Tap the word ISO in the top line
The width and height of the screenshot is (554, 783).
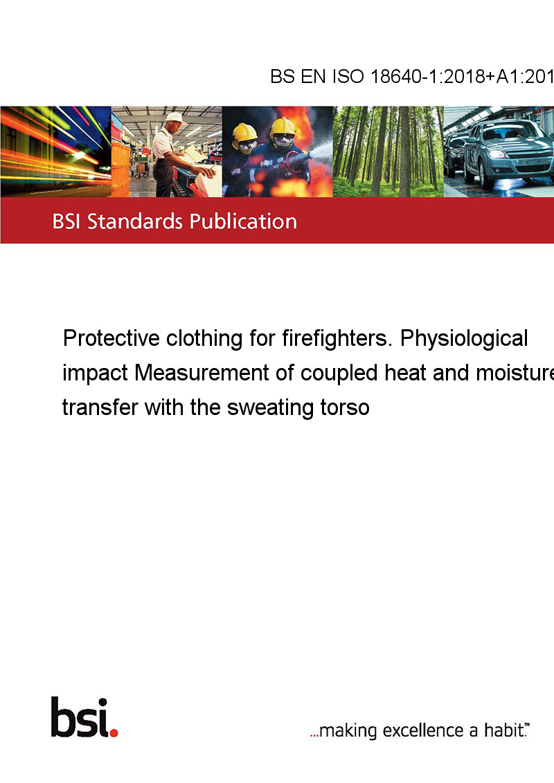click(x=348, y=77)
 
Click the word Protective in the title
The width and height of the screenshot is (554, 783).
click(x=111, y=338)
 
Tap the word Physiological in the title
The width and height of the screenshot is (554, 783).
click(x=464, y=338)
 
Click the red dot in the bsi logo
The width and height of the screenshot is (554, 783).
click(x=114, y=733)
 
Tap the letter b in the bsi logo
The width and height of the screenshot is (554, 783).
click(x=62, y=717)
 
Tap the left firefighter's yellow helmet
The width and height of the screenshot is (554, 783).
click(x=244, y=132)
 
